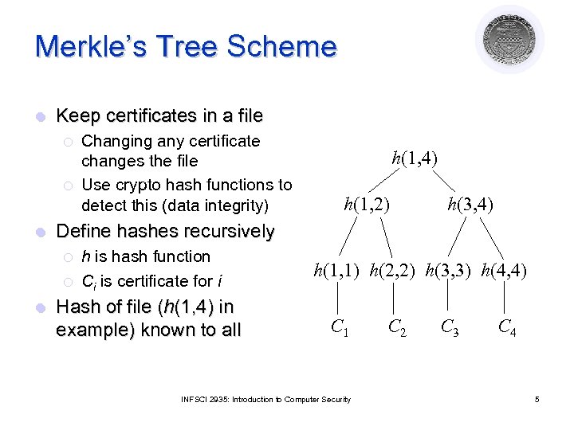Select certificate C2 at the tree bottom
click(x=396, y=326)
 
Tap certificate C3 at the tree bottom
click(x=451, y=326)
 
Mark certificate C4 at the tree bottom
click(x=506, y=326)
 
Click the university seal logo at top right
click(x=509, y=39)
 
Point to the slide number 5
click(x=537, y=399)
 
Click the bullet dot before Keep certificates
click(x=40, y=117)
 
